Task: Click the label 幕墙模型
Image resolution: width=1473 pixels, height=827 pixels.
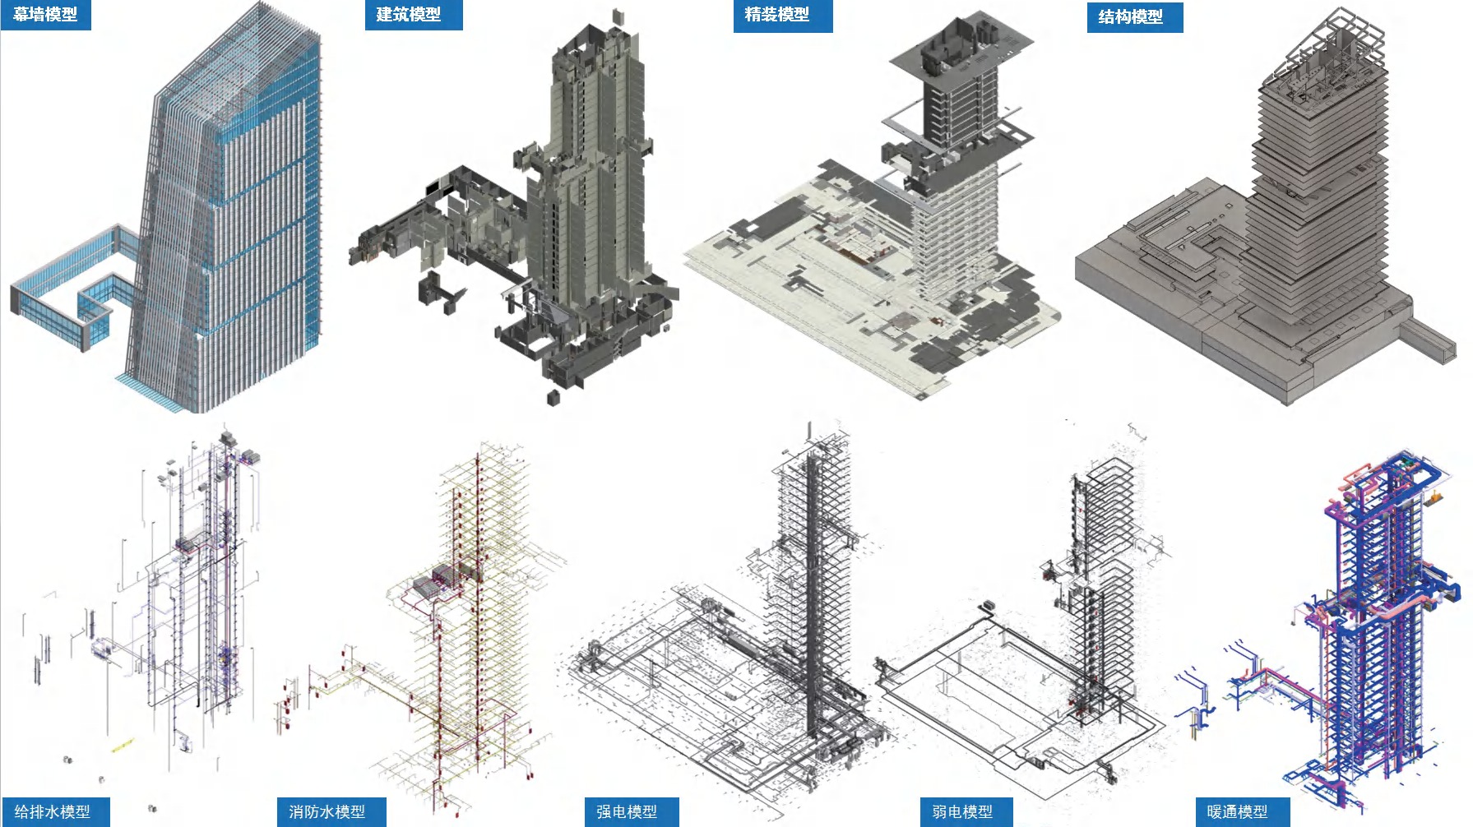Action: [x=45, y=14]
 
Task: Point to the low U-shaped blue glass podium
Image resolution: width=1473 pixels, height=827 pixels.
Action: [x=74, y=288]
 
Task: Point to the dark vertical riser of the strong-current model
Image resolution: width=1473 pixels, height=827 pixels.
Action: [x=813, y=592]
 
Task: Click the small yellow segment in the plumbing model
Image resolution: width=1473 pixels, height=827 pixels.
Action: [x=122, y=746]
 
